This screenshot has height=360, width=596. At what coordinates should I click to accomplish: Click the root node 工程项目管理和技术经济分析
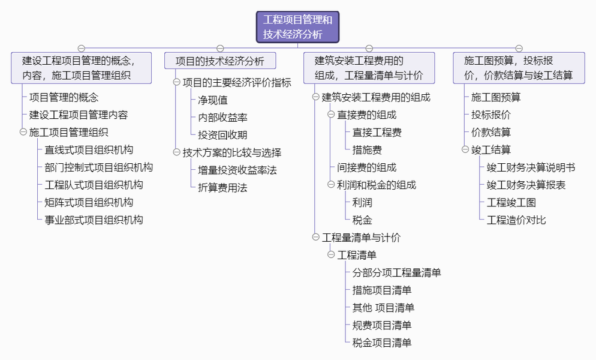tap(297, 27)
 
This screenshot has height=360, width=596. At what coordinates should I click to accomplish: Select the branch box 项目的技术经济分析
tap(220, 61)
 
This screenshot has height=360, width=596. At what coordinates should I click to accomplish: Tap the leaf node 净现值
tap(213, 100)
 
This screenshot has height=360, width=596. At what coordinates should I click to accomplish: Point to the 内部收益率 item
tap(222, 118)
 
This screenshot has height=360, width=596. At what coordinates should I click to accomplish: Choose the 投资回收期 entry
tap(222, 135)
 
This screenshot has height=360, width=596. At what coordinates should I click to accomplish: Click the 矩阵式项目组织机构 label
tap(89, 202)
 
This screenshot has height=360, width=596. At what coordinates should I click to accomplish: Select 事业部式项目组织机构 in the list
tap(94, 220)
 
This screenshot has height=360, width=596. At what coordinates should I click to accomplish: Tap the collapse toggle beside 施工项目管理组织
tap(23, 132)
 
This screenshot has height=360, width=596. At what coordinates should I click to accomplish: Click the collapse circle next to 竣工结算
tap(465, 149)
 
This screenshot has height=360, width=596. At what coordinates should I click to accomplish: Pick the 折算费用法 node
tap(222, 188)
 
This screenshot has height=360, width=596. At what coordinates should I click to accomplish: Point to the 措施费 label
tap(367, 150)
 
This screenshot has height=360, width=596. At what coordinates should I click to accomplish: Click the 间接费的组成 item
tap(367, 167)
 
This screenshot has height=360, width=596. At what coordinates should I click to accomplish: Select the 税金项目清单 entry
tap(382, 343)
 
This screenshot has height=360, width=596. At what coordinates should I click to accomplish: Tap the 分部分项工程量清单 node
tap(397, 273)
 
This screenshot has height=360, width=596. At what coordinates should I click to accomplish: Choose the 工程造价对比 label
tap(517, 220)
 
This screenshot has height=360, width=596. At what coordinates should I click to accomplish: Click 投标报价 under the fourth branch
tap(491, 115)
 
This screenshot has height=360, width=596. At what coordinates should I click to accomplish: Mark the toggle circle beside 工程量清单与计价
tap(315, 237)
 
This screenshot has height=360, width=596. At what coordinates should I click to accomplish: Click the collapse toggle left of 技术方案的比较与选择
tap(176, 152)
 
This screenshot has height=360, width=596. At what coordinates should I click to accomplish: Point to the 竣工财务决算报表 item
tap(526, 185)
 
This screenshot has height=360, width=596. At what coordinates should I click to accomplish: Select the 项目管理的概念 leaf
tap(64, 97)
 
